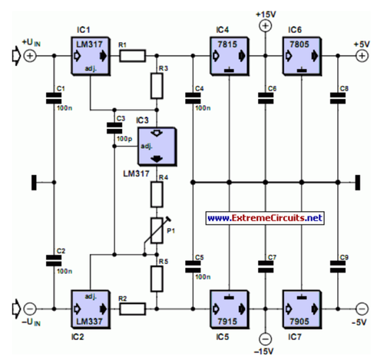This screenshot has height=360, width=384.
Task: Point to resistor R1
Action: [131, 56]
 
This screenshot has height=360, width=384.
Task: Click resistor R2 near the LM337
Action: [131, 309]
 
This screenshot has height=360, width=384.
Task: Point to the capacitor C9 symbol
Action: [337, 266]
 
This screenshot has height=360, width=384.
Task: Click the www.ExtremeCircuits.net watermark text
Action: [265, 218]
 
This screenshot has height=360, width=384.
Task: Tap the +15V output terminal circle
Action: [265, 26]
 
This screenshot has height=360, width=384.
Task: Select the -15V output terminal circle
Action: [265, 338]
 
